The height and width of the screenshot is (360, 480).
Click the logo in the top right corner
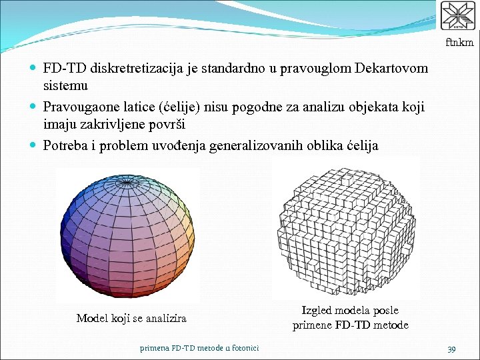[x=458, y=16]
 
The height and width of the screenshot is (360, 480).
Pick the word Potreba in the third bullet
[x=65, y=145]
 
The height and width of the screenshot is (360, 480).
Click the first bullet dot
[x=34, y=69]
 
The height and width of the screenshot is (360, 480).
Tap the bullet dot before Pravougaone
[x=34, y=107]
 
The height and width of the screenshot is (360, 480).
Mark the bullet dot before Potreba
[x=34, y=145]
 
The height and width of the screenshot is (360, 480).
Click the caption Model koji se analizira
[x=131, y=319]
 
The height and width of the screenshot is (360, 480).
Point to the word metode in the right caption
[x=391, y=325]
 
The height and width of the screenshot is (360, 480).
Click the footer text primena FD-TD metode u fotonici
[x=199, y=348]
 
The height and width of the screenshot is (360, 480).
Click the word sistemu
[x=65, y=86]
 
